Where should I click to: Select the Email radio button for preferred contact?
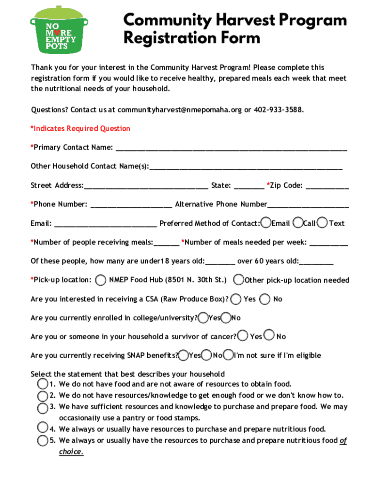click(x=265, y=223)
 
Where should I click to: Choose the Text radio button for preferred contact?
click(x=322, y=223)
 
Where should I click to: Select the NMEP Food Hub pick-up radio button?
click(x=101, y=280)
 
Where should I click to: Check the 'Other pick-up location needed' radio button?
click(x=239, y=280)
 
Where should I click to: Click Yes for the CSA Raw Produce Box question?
click(x=236, y=299)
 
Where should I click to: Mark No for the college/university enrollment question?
click(x=226, y=318)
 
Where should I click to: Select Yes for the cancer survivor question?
click(x=243, y=336)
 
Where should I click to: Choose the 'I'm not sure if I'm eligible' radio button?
click(x=229, y=355)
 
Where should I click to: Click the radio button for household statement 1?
click(x=42, y=384)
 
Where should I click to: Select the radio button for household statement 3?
click(x=42, y=407)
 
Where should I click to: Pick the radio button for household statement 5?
click(x=42, y=441)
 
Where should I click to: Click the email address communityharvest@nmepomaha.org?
click(x=179, y=110)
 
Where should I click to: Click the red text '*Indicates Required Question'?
click(x=80, y=129)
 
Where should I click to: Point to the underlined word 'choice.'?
click(x=71, y=452)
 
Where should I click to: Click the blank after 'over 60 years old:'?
click(x=316, y=262)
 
